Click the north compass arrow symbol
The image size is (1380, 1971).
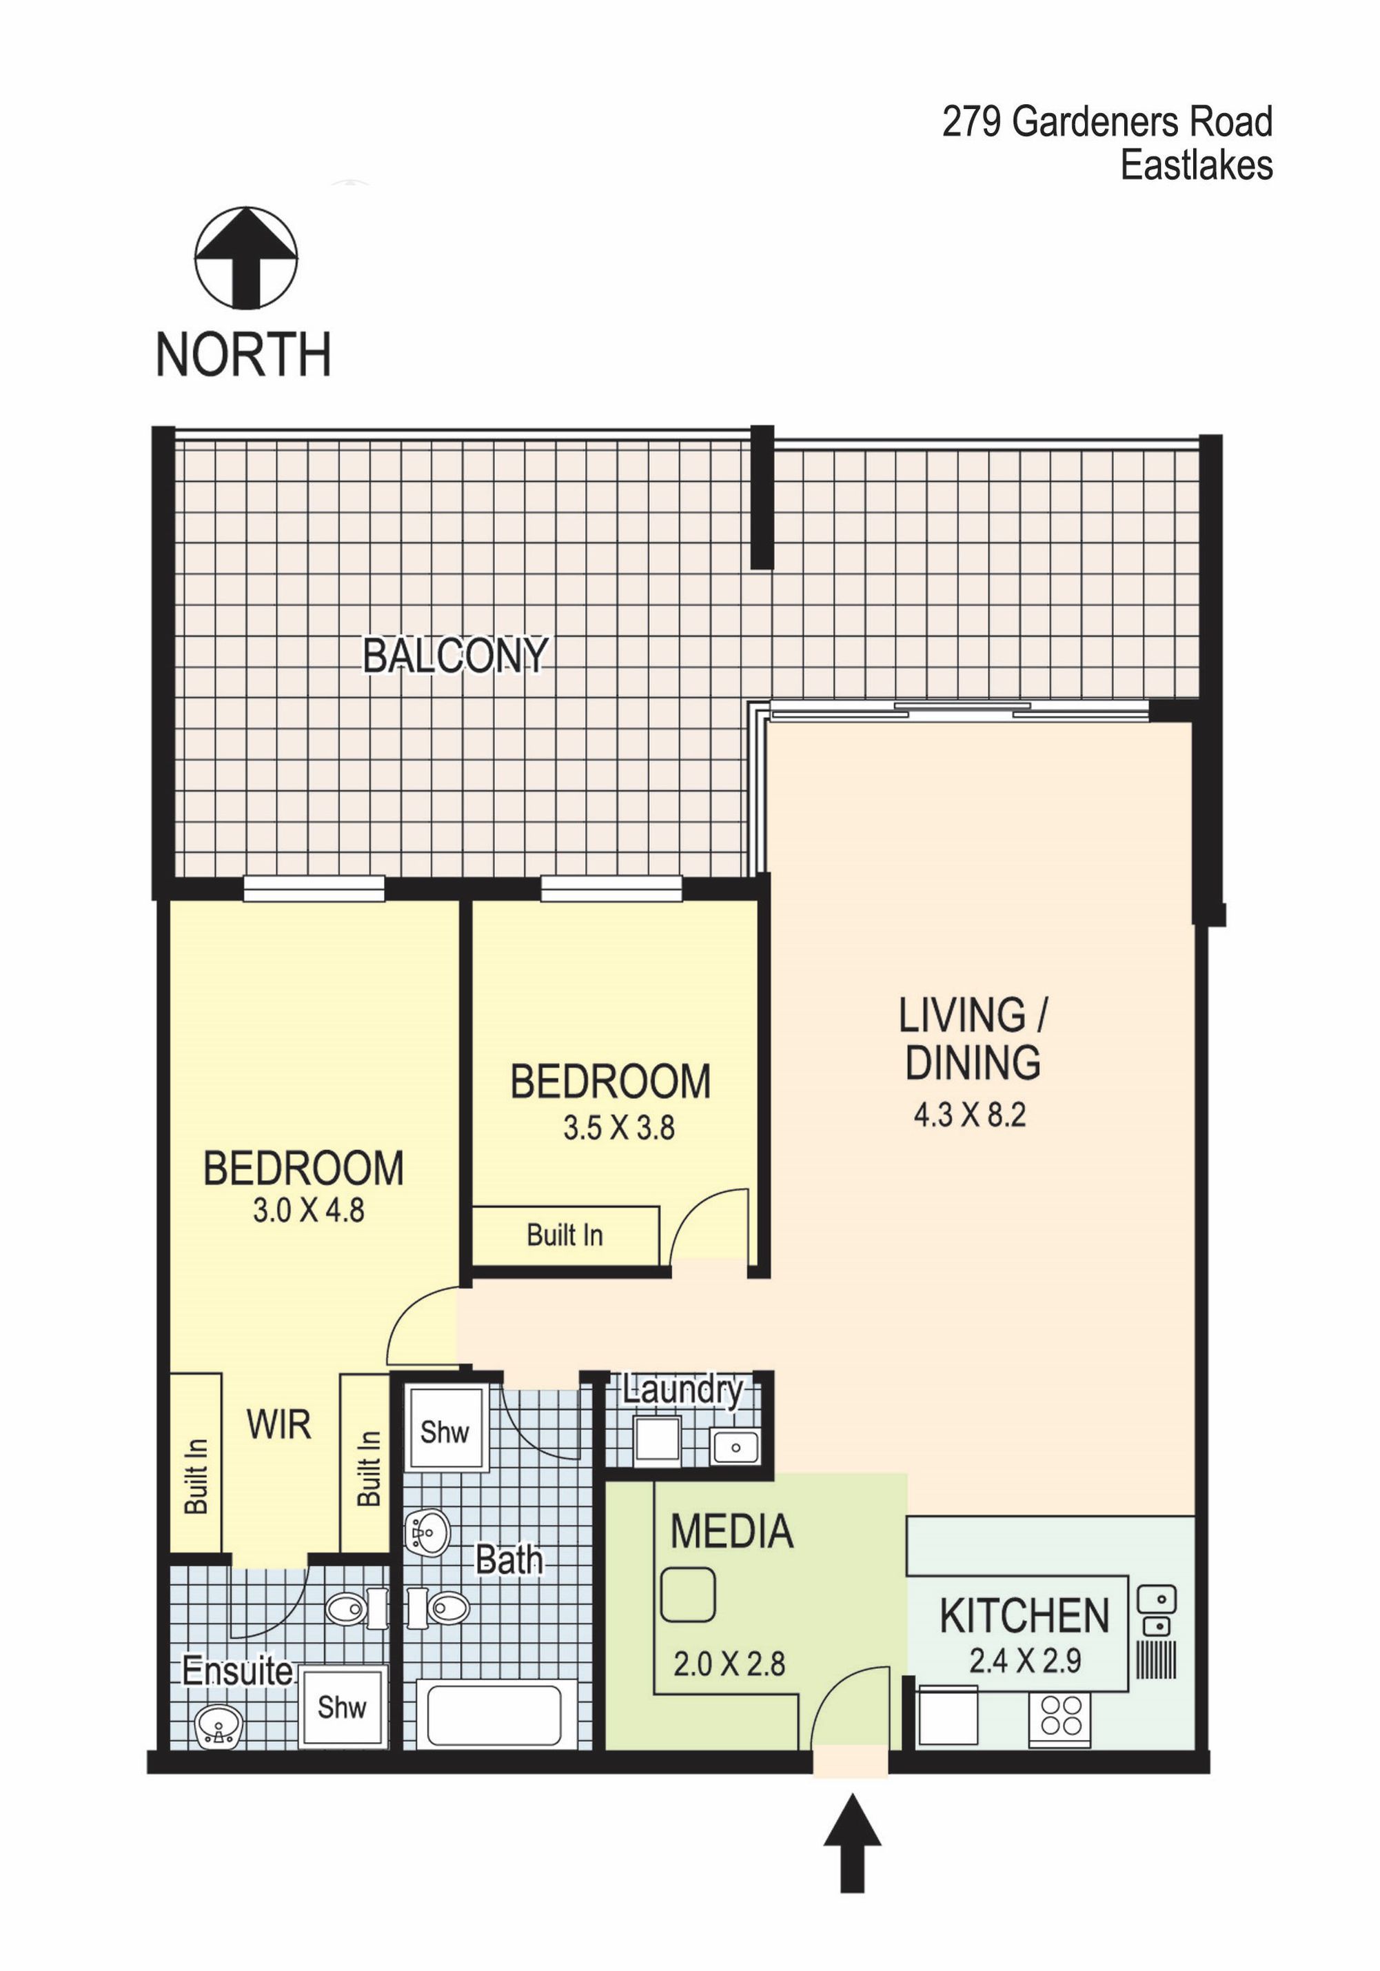point(246,258)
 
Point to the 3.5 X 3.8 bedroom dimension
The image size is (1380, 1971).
point(619,1128)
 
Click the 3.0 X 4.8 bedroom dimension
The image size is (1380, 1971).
point(308,1211)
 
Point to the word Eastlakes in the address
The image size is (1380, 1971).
point(1197,165)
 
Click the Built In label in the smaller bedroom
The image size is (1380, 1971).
point(565,1235)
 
